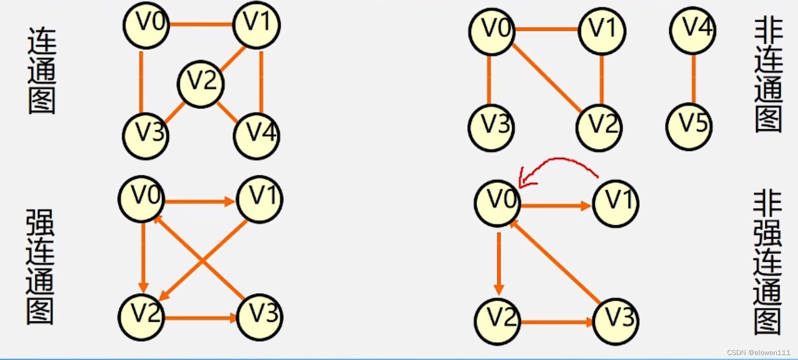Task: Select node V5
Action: click(x=689, y=124)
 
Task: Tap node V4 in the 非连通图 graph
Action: click(x=693, y=30)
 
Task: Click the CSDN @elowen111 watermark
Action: click(x=758, y=352)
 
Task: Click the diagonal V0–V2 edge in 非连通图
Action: click(x=547, y=78)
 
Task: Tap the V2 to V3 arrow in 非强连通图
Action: click(x=556, y=322)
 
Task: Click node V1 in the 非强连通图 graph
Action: click(x=616, y=203)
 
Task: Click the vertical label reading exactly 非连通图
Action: click(x=768, y=74)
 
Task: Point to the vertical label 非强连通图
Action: click(x=767, y=262)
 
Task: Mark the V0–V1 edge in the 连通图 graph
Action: click(x=201, y=24)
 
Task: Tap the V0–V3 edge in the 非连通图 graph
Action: click(x=489, y=79)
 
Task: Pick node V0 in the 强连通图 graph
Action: click(x=142, y=198)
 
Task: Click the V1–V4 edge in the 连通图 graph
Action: click(x=261, y=82)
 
